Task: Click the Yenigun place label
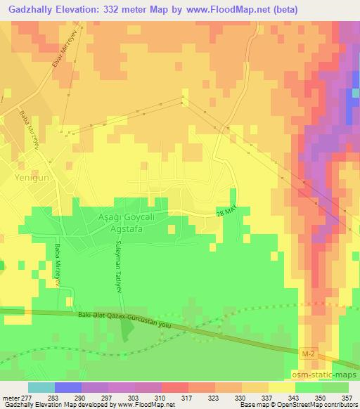(30, 179)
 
